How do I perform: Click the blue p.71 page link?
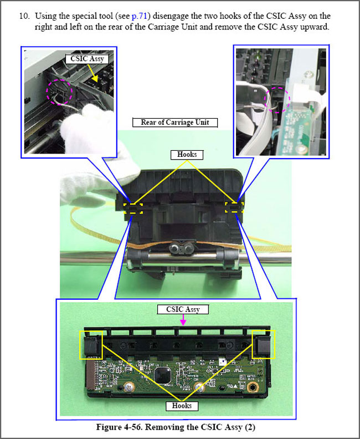pos(139,16)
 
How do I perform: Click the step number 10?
pos(24,16)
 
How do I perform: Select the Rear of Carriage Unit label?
pos(175,122)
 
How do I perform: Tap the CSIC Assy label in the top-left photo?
pos(87,59)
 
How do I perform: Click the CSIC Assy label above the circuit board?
pos(183,309)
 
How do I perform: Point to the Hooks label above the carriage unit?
pos(187,155)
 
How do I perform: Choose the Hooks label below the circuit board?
pos(182,406)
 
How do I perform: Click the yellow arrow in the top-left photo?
pos(92,73)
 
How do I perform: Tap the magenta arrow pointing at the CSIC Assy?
pos(183,320)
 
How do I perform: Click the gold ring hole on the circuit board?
pos(253,388)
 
